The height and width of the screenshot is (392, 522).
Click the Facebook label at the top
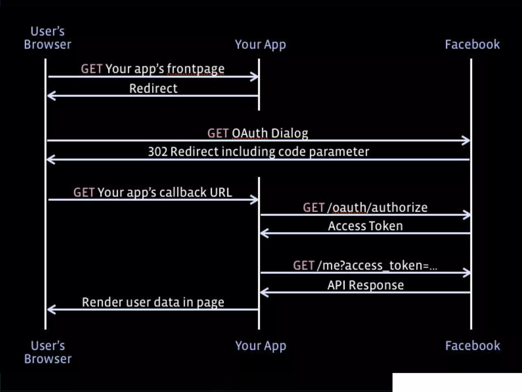click(x=472, y=44)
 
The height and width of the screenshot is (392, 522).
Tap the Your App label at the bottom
click(x=261, y=346)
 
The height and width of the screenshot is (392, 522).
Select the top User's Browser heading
click(x=48, y=38)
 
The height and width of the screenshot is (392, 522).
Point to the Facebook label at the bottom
click(x=473, y=346)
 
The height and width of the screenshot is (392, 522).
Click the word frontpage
click(x=195, y=69)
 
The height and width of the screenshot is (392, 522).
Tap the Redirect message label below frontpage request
click(x=153, y=89)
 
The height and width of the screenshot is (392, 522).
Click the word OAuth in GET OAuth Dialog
click(x=250, y=133)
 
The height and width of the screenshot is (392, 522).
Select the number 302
click(x=158, y=152)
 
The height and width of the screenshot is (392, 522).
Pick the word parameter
click(x=339, y=152)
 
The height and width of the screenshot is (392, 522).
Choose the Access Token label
click(x=366, y=226)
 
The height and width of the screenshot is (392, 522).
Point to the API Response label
click(x=366, y=285)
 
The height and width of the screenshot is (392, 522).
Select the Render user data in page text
click(x=153, y=302)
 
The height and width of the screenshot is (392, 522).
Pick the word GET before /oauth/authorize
click(x=314, y=207)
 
